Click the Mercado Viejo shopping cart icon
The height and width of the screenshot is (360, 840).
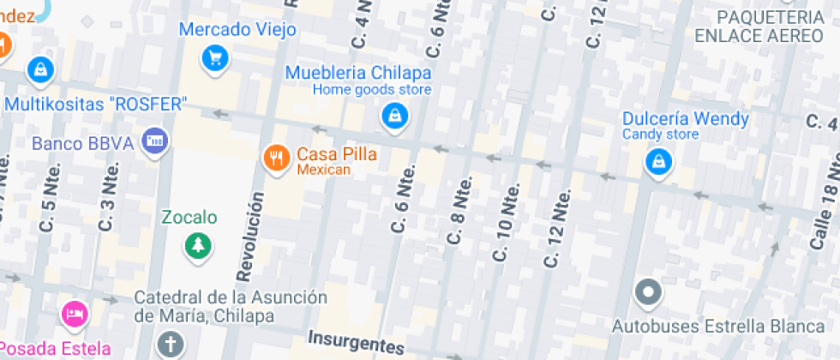pyautogui.click(x=214, y=58)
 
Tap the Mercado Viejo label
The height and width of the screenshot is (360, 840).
pyautogui.click(x=237, y=30)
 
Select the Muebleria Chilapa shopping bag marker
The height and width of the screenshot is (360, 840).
pyautogui.click(x=393, y=116)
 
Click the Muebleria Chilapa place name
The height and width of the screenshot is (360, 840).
pyautogui.click(x=358, y=72)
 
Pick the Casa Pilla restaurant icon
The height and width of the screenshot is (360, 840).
pyautogui.click(x=275, y=158)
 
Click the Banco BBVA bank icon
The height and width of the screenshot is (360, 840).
pyautogui.click(x=155, y=141)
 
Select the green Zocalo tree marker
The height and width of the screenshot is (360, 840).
pyautogui.click(x=199, y=246)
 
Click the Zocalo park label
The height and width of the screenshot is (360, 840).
pyautogui.click(x=189, y=218)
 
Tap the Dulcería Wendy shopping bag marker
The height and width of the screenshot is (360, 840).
pyautogui.click(x=657, y=160)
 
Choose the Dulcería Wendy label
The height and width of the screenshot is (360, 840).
pyautogui.click(x=685, y=118)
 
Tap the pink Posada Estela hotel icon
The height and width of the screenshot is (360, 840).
pyautogui.click(x=75, y=314)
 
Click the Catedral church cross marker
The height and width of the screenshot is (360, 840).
pyautogui.click(x=171, y=345)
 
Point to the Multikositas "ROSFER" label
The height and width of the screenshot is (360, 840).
pyautogui.click(x=96, y=105)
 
